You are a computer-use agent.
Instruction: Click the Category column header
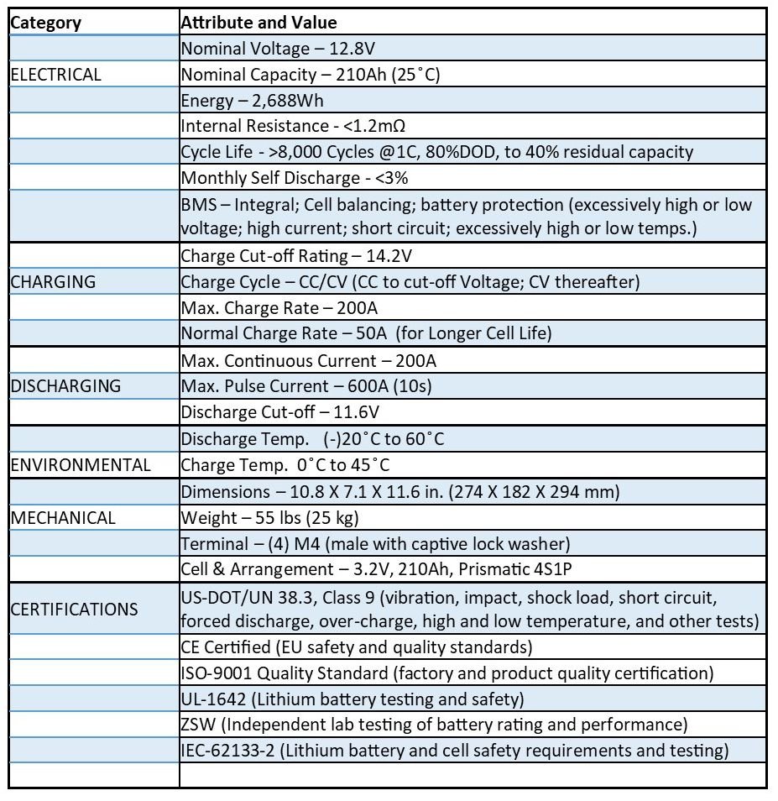point(45,23)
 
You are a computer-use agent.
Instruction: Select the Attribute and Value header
point(259,23)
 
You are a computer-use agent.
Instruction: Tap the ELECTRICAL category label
point(55,75)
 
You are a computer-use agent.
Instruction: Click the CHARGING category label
point(53,282)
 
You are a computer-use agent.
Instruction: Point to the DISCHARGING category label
point(65,386)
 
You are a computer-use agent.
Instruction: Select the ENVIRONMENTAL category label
point(81,465)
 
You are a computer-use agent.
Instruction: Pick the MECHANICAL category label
point(63,517)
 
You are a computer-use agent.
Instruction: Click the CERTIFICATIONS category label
point(74,609)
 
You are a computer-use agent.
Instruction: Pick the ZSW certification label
point(197,725)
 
